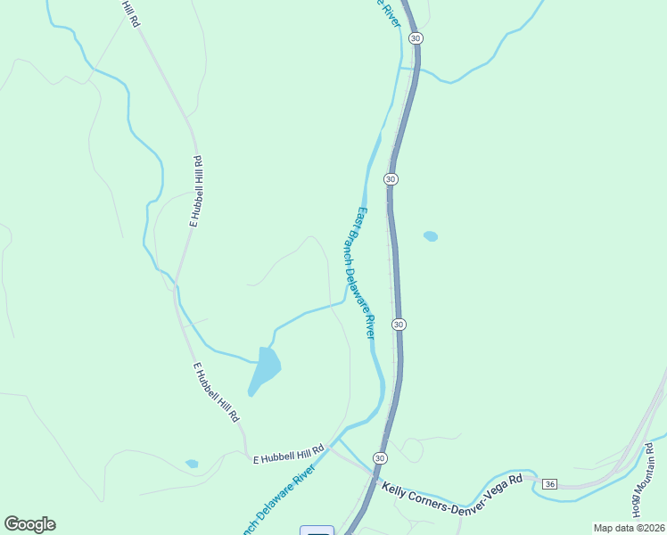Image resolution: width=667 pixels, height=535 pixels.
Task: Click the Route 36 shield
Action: pos(549,484)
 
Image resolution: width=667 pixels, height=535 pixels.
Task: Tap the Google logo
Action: pos(29,524)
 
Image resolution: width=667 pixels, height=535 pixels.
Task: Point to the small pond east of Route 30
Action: pos(431,236)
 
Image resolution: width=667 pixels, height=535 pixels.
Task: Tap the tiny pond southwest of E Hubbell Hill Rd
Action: pos(192,464)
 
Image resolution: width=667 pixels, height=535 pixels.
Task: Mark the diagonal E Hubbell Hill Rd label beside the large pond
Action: pos(217,391)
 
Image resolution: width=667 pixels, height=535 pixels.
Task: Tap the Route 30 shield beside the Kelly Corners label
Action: pos(381,458)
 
